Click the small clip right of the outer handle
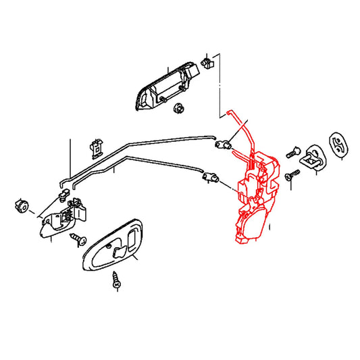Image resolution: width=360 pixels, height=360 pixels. point(207,62)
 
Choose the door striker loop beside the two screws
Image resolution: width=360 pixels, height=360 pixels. point(312,156)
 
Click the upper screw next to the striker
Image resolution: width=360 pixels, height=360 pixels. point(292,153)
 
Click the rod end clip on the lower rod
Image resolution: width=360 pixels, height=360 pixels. point(210,178)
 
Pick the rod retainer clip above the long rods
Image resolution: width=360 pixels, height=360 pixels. point(96,147)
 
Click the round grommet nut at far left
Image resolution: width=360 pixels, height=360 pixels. point(20,204)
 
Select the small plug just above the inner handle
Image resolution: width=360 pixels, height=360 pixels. point(64,198)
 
